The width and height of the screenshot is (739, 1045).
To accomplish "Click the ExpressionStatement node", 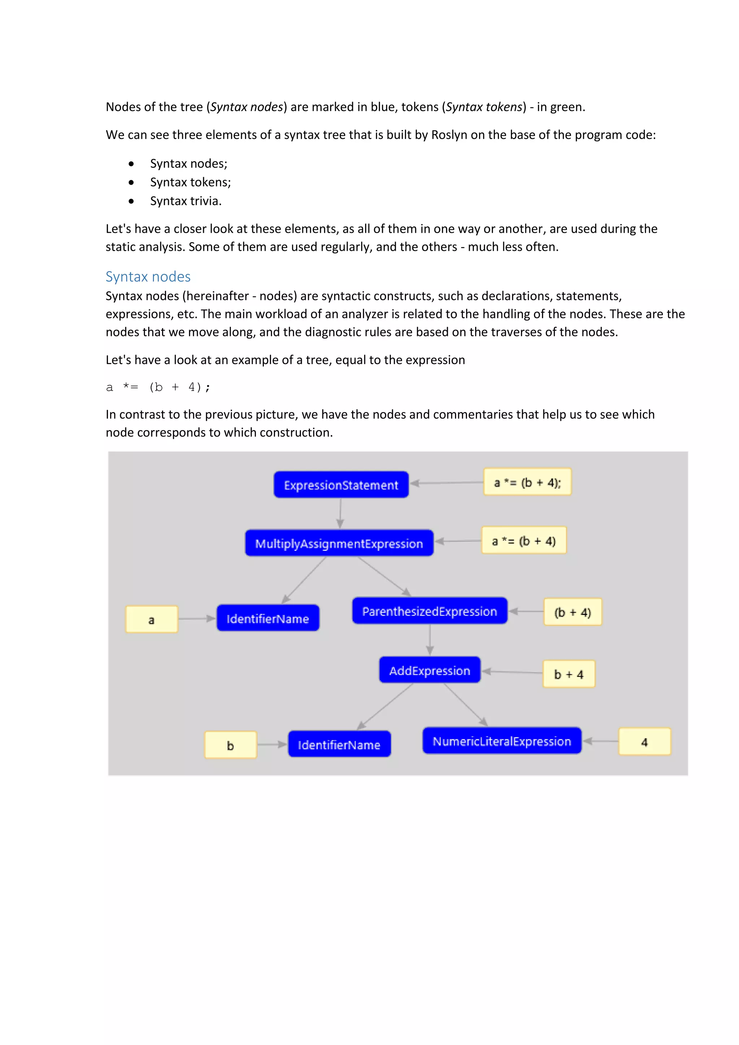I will [x=341, y=485].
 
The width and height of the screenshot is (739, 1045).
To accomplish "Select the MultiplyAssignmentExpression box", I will [x=339, y=543].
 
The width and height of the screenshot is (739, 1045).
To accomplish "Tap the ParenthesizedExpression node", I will [x=429, y=611].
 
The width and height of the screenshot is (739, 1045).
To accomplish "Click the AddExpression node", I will [x=429, y=670].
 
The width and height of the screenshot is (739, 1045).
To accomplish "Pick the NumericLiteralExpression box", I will [x=502, y=741].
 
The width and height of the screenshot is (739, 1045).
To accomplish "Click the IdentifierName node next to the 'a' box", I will [x=268, y=618].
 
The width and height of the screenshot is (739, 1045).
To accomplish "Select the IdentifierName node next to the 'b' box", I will [x=339, y=744].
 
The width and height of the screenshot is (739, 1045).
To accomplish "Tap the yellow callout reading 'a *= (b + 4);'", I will [x=527, y=482].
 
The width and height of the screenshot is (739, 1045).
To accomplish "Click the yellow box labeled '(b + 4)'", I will [x=572, y=612].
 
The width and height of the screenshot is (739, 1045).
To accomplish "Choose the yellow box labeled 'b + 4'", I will [x=568, y=674].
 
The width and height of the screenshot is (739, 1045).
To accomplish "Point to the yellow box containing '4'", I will [x=644, y=742].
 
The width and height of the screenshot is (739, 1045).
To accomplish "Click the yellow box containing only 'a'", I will [x=152, y=620].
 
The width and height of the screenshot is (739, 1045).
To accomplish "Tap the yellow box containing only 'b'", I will [x=230, y=745].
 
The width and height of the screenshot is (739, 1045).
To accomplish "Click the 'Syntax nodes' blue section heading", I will [x=148, y=277].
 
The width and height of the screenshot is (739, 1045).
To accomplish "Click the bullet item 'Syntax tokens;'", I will [x=190, y=182].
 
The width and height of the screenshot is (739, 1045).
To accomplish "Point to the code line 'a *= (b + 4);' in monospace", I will [x=158, y=387].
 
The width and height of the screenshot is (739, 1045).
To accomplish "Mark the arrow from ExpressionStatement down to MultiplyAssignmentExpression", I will [x=340, y=513].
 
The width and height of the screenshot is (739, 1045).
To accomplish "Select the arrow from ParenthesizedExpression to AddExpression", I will [x=429, y=640].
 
